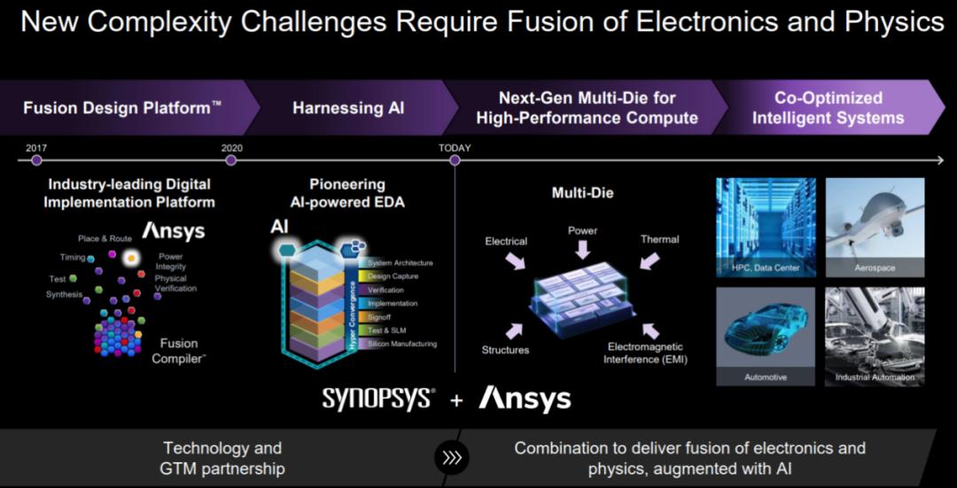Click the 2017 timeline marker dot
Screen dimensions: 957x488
(x=36, y=160)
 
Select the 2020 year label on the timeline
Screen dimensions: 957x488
(x=231, y=148)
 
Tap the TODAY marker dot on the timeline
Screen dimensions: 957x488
(x=454, y=160)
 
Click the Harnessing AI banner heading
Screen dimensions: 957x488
(x=348, y=108)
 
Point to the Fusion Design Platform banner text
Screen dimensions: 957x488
(x=122, y=108)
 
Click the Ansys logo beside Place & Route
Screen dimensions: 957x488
(x=174, y=230)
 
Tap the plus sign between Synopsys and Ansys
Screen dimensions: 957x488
(x=457, y=400)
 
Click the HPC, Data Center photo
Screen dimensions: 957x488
(x=766, y=227)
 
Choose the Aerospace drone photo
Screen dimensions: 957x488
(x=875, y=227)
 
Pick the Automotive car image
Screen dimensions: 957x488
(x=766, y=337)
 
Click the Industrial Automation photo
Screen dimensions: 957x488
(x=875, y=337)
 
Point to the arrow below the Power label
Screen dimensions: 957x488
(x=583, y=249)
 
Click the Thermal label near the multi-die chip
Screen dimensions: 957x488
(x=660, y=240)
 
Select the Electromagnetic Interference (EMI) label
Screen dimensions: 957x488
(x=645, y=353)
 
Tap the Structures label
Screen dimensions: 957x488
(x=505, y=350)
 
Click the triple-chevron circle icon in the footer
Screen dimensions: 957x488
(x=452, y=458)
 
